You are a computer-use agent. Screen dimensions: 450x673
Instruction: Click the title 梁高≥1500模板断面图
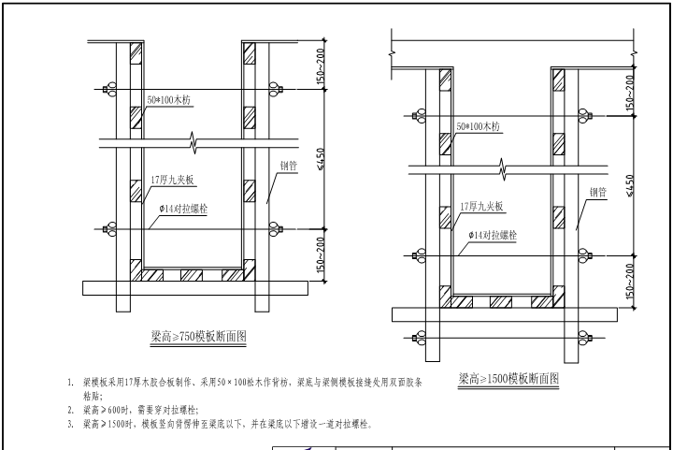click(508, 380)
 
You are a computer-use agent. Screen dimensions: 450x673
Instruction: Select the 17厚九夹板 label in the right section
click(481, 206)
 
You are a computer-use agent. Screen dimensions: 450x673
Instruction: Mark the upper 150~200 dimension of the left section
click(321, 65)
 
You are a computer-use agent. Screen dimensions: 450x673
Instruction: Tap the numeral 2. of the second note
click(70, 410)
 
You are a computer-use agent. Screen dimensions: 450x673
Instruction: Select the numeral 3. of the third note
click(70, 424)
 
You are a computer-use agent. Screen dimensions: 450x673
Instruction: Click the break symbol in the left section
click(195, 144)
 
